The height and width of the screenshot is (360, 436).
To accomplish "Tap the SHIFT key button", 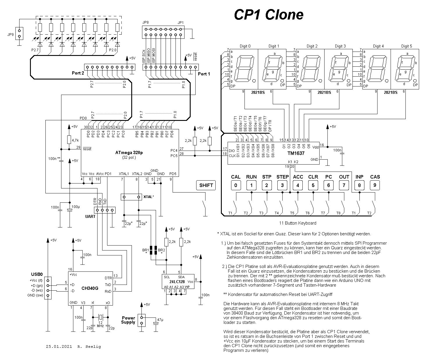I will [x=206, y=185].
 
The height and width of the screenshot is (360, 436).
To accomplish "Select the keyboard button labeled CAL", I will [x=236, y=185].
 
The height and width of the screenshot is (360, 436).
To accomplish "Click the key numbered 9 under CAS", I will [x=375, y=185].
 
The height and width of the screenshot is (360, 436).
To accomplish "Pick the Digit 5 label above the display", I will [x=407, y=46].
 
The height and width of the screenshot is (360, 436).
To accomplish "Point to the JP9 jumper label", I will [x=10, y=34].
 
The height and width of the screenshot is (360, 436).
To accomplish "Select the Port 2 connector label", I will [x=78, y=73].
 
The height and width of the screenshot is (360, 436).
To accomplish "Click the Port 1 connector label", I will [x=204, y=74].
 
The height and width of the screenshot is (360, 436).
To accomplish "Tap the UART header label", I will [x=90, y=216].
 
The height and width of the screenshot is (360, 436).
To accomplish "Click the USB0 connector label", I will [x=37, y=274].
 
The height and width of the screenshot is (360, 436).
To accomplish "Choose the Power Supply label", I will [x=128, y=320].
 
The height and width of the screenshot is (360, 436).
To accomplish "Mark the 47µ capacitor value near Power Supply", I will [x=160, y=320].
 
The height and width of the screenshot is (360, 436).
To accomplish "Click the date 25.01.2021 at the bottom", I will [x=59, y=347].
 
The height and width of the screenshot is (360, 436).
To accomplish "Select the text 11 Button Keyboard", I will [x=297, y=223].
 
